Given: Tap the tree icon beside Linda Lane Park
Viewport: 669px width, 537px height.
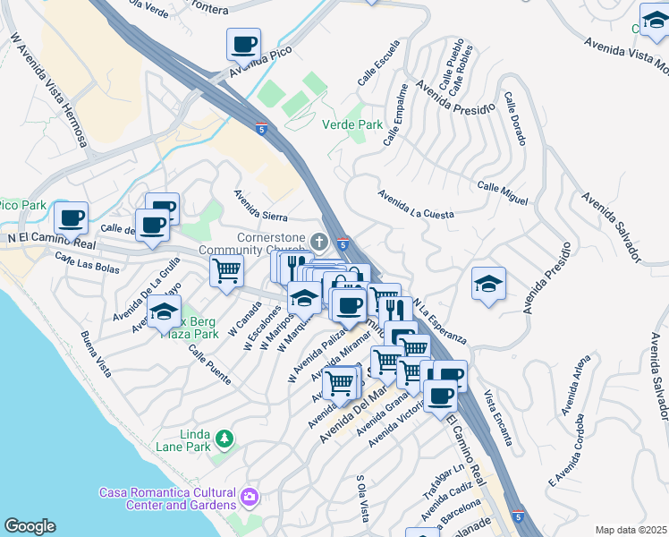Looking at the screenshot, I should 224,438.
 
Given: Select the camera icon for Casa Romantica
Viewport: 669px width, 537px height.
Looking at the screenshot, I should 250,494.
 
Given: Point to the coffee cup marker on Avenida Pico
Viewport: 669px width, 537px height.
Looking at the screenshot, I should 242,45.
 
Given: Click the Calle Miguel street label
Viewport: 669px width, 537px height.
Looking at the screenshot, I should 503,192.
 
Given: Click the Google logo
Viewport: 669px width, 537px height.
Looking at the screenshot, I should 30,526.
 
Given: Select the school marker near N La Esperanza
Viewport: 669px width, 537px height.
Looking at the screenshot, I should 488,285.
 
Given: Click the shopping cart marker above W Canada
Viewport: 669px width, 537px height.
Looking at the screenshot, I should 227,268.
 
